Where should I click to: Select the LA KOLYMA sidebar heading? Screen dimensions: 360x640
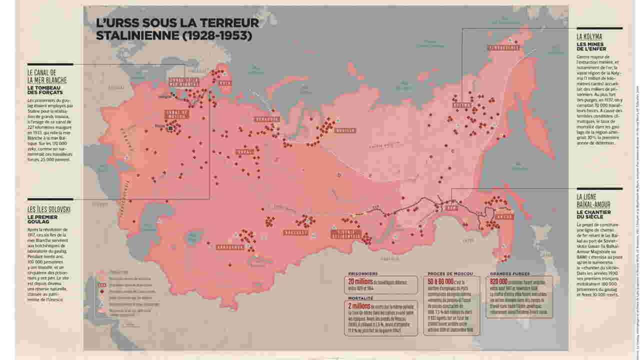coord(589,37)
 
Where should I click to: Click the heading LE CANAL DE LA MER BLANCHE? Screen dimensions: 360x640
coord(47,75)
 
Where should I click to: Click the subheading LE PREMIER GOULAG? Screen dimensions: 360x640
coord(43,220)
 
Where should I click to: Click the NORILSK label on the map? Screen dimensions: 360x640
coord(346,131)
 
